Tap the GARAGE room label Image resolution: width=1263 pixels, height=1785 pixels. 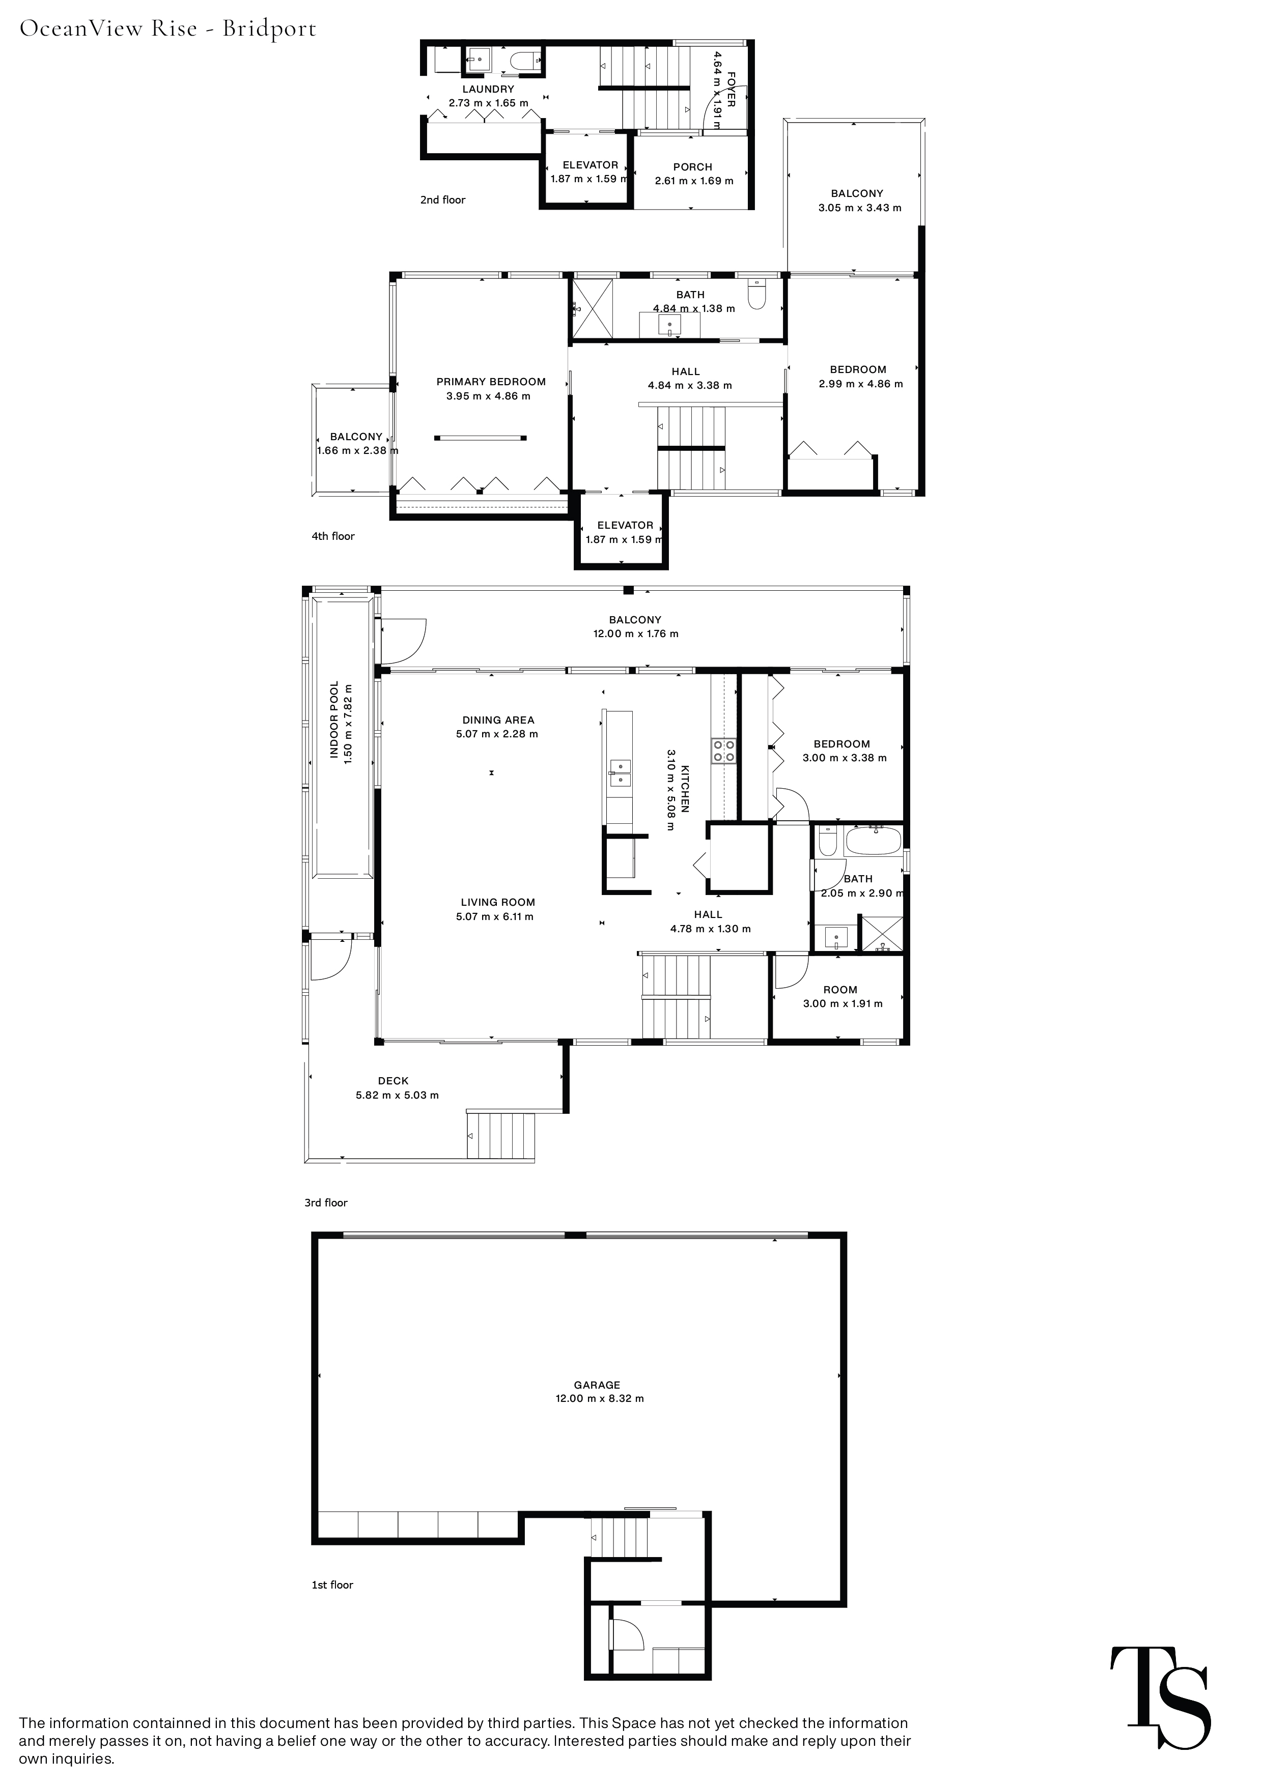tap(597, 1385)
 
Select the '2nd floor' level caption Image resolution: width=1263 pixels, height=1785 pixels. tap(442, 200)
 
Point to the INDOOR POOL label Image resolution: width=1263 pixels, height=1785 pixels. tap(334, 721)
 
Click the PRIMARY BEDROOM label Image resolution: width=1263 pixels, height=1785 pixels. tap(491, 382)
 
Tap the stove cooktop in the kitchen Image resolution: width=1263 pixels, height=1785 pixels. tap(723, 750)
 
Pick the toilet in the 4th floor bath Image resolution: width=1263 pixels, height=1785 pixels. tap(756, 294)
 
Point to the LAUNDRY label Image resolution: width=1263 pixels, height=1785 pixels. tap(488, 90)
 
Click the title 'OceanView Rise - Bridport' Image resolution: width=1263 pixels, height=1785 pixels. tap(168, 29)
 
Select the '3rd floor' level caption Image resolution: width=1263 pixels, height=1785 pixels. tap(326, 1203)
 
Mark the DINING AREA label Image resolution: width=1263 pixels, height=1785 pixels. tap(498, 720)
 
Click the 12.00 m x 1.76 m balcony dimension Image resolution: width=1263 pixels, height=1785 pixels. tap(635, 634)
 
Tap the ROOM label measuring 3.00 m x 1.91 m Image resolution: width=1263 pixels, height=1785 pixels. tap(840, 990)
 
